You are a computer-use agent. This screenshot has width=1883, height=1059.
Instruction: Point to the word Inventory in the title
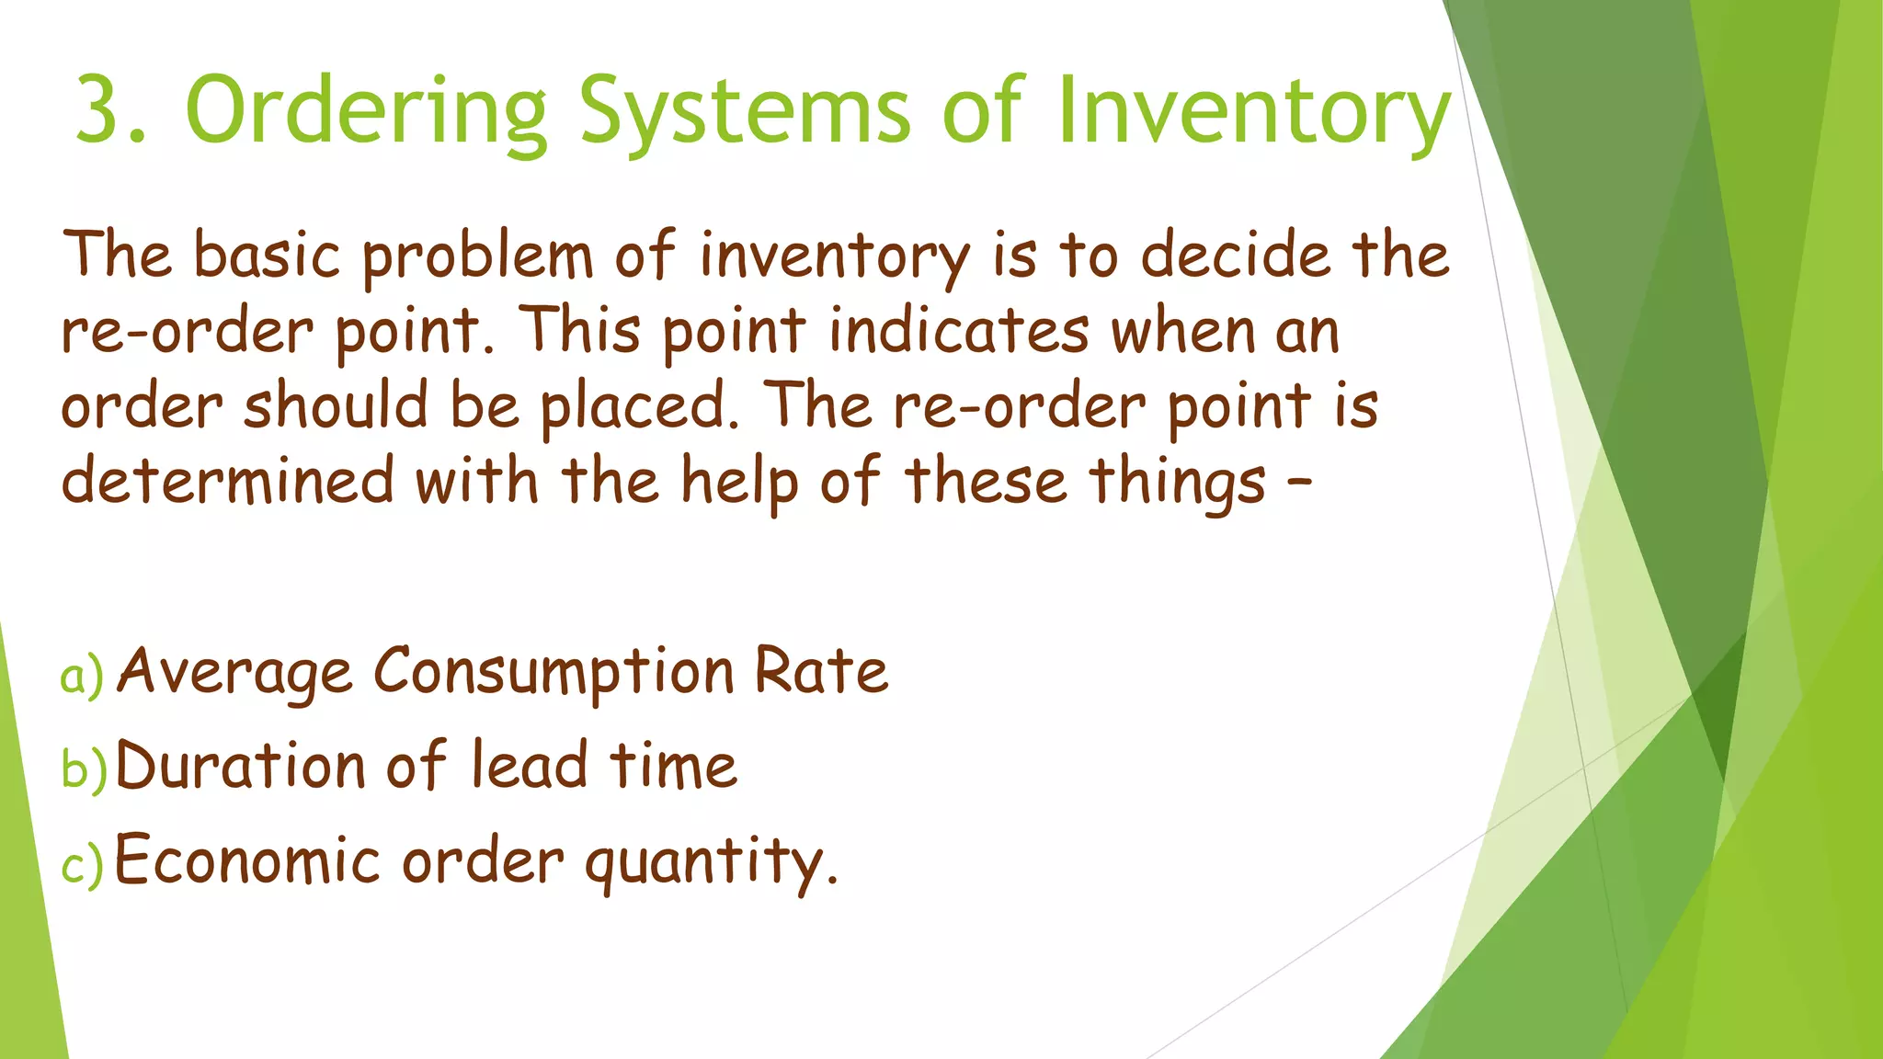tap(1253, 112)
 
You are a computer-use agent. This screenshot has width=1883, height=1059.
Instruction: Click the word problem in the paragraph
tap(477, 257)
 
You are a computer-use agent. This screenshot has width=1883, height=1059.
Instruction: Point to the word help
tap(738, 483)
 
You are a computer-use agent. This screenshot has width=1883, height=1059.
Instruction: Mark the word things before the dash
tap(1178, 483)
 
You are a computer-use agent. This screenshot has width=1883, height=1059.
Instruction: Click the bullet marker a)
tap(82, 677)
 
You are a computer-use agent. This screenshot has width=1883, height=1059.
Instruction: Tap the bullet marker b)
tap(84, 769)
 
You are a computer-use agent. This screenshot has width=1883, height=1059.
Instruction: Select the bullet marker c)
tap(82, 865)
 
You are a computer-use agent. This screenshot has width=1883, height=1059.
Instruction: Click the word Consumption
tap(553, 673)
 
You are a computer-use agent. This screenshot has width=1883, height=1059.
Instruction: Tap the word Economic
tap(246, 860)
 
